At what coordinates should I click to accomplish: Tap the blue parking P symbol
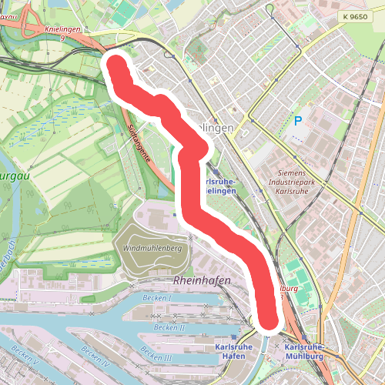tap(297, 121)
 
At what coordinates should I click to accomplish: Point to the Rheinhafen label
tap(203, 281)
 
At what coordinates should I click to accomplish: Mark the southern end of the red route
tap(266, 318)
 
